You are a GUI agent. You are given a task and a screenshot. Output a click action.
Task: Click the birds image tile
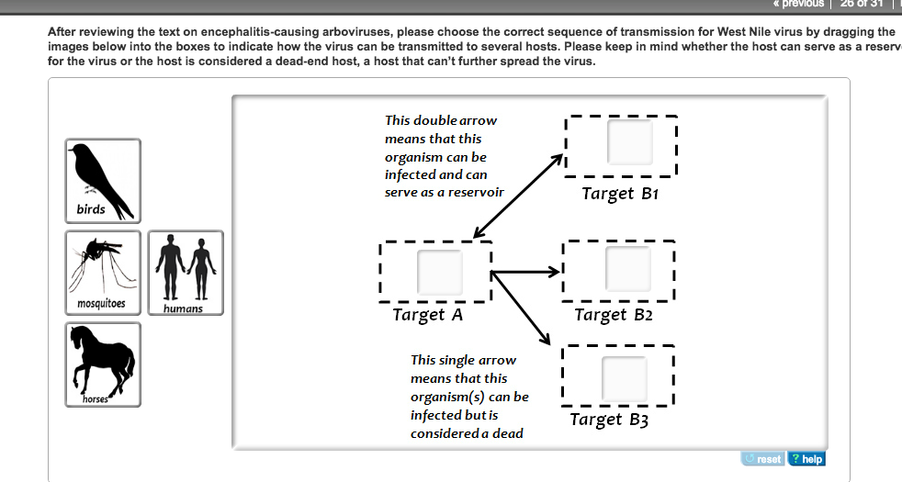pyautogui.click(x=103, y=180)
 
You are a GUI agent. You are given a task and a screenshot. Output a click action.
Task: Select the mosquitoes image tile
pyautogui.click(x=103, y=272)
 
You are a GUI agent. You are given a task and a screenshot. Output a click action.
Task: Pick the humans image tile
pyautogui.click(x=186, y=272)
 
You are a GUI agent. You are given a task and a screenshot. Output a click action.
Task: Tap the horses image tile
pyautogui.click(x=103, y=364)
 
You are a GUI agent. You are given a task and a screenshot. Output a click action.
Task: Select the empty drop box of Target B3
pyautogui.click(x=625, y=376)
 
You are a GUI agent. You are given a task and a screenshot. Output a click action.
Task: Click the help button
pyautogui.click(x=807, y=459)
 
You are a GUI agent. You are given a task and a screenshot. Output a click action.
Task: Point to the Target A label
pyautogui.click(x=427, y=315)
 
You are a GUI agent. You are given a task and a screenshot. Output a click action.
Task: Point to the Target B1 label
pyautogui.click(x=620, y=194)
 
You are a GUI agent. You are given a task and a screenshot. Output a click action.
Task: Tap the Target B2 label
pyautogui.click(x=613, y=315)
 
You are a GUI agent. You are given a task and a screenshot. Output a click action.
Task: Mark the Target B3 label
pyautogui.click(x=609, y=420)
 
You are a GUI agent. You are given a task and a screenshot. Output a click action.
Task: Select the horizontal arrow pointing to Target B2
pyautogui.click(x=526, y=273)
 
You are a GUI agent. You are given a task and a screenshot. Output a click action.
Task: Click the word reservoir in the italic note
pyautogui.click(x=474, y=193)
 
